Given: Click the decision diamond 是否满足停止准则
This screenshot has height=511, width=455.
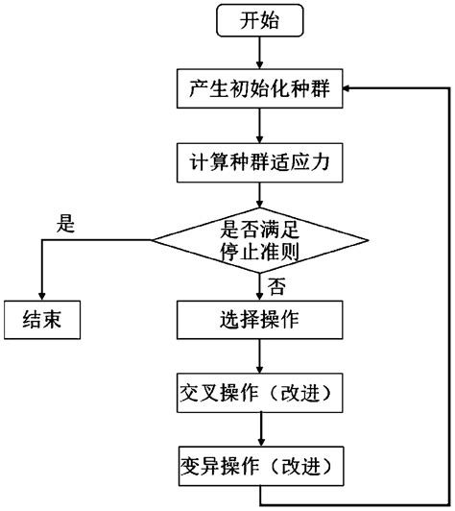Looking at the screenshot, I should pos(258,239).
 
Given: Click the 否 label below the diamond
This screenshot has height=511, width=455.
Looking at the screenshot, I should pos(275,284).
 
